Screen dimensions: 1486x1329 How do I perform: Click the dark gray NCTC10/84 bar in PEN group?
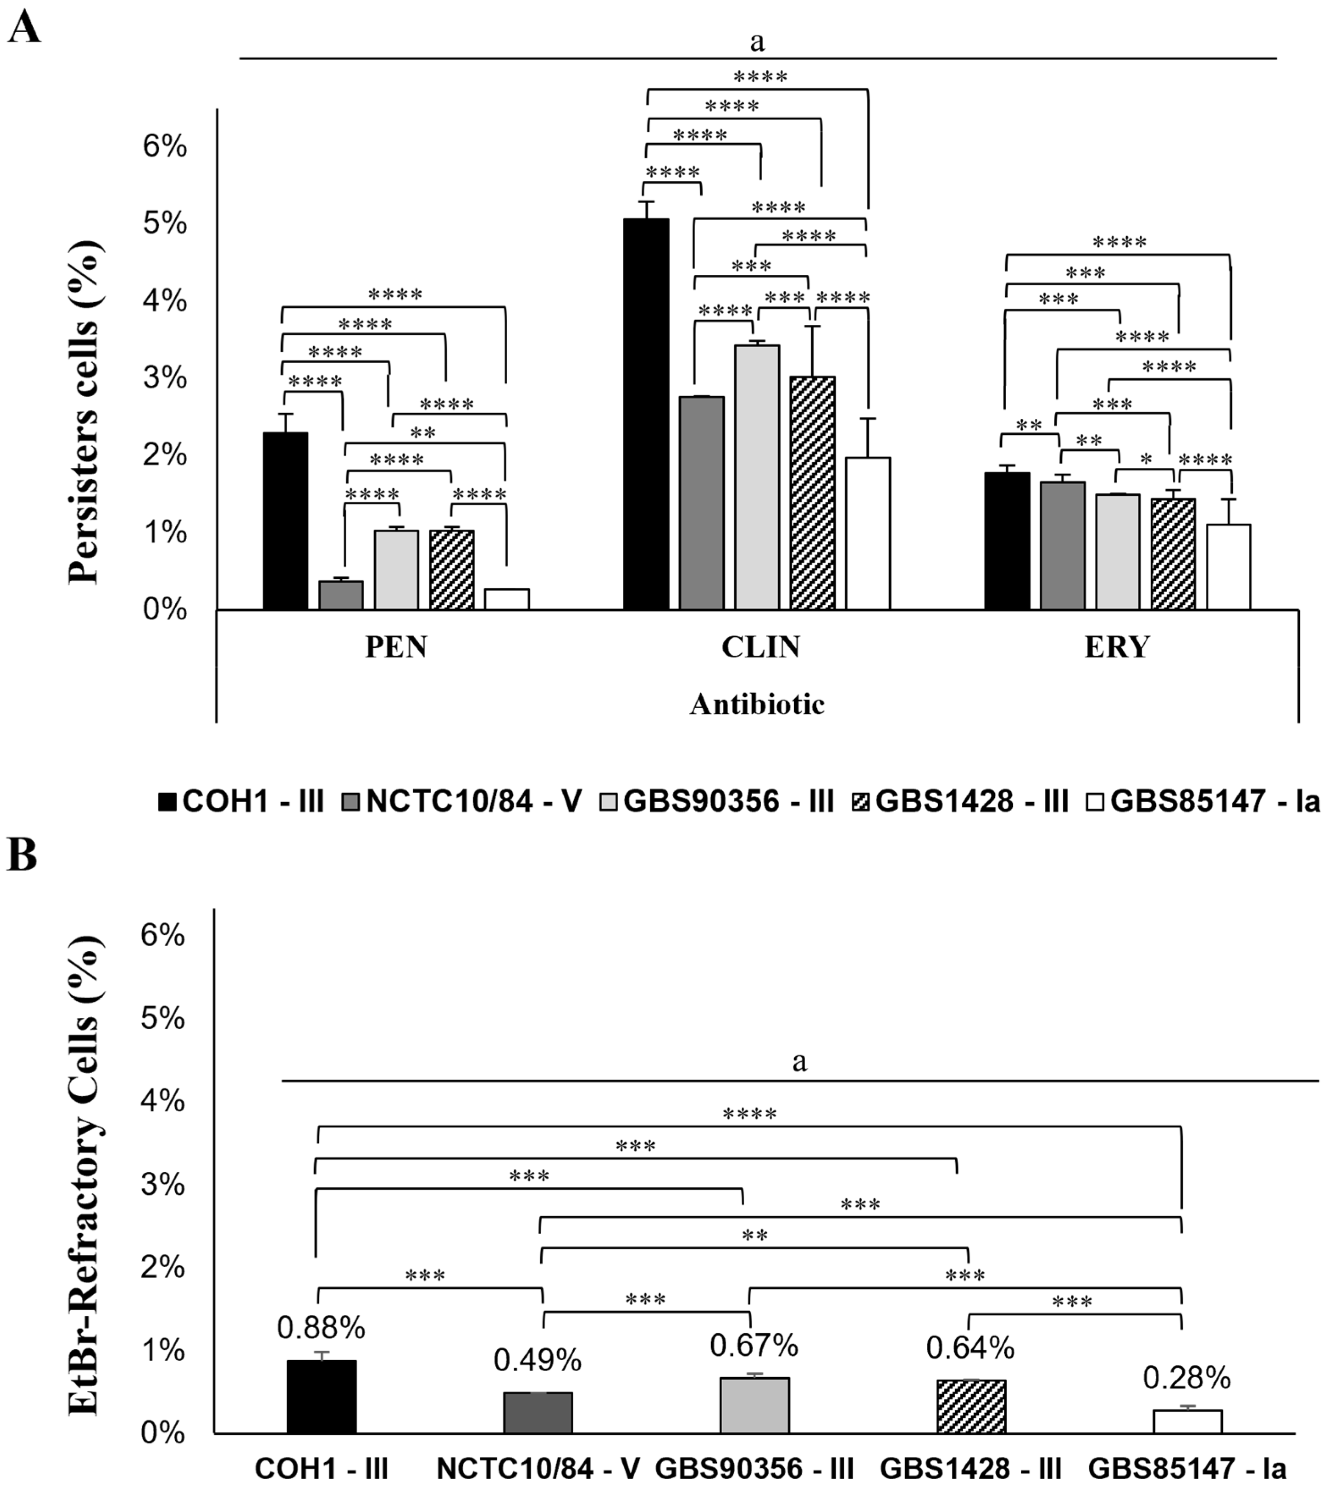(340, 595)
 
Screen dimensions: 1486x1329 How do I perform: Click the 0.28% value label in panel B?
(1187, 1378)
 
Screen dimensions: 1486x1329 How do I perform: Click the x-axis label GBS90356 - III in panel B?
(754, 1468)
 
